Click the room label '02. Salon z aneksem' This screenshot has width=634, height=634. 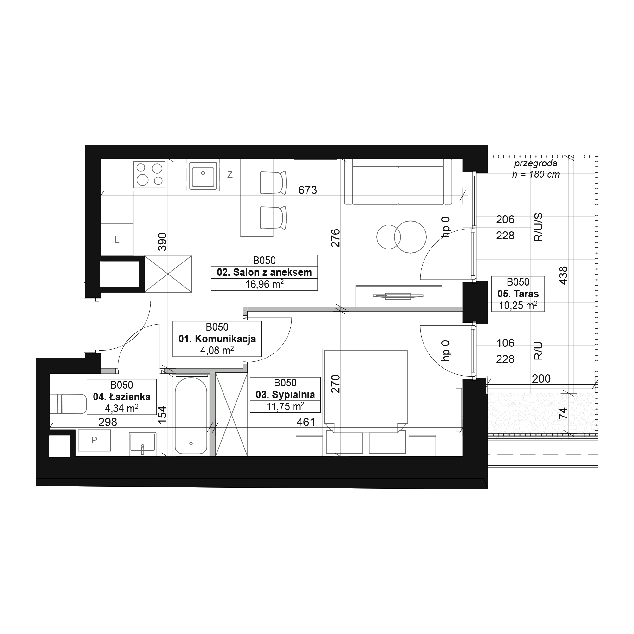pos(264,272)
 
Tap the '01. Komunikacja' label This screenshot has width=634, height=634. pos(217,339)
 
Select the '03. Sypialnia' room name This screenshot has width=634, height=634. pos(285,394)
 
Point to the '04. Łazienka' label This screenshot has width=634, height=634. pos(121,397)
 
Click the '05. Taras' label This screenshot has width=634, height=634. pos(518,294)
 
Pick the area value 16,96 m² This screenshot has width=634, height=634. pos(264,284)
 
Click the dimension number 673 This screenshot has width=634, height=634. pos(307,190)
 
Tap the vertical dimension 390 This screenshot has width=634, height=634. pos(162,242)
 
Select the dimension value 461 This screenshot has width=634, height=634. pos(306,422)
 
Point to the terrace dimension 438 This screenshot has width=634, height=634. pos(563,276)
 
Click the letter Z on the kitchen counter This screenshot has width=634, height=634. pos(230,175)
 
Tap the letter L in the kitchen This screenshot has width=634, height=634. pos(117,240)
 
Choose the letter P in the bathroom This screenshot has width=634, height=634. pos(94,440)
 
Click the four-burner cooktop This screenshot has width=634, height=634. pos(149,175)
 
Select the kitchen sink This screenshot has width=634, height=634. pos(203,175)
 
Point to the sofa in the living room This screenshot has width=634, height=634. pos(398,181)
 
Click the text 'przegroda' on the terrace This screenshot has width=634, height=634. pos(535,163)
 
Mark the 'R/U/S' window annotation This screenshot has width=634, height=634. pos(539,227)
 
